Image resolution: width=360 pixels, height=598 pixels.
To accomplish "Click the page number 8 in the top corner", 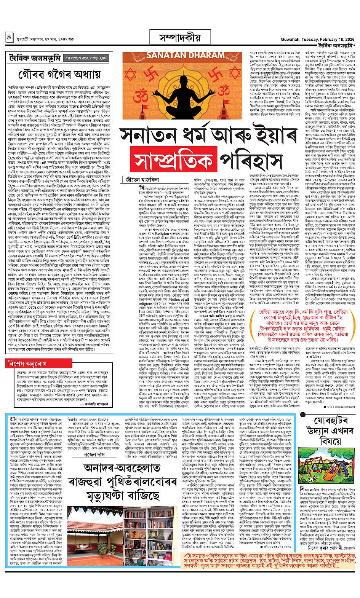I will [x=9, y=39].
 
